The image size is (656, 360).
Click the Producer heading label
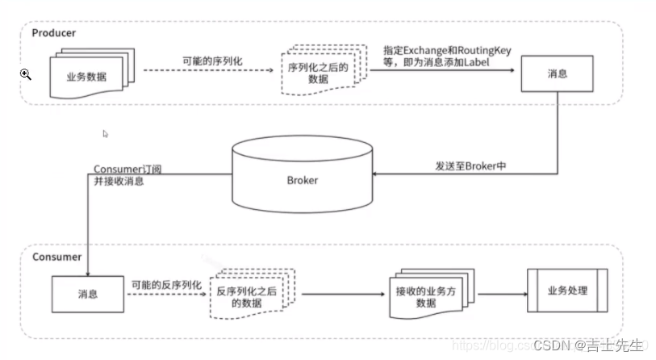tap(54, 33)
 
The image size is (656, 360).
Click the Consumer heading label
tap(56, 257)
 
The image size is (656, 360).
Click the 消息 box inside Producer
tap(557, 73)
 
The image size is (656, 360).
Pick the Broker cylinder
tap(303, 176)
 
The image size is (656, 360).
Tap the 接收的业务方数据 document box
tap(420, 295)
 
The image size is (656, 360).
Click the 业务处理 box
tap(567, 291)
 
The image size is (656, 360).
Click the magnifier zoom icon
tap(26, 74)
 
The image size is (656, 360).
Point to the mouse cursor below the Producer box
tap(106, 134)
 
